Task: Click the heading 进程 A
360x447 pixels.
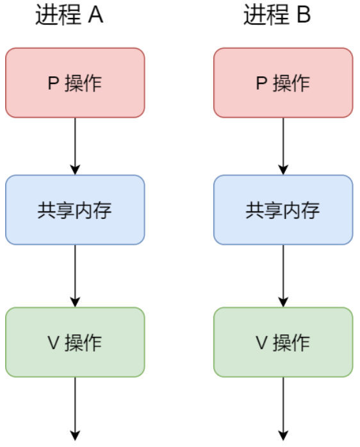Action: (69, 15)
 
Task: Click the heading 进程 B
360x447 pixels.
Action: (277, 15)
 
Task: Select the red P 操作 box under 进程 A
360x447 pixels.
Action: (75, 83)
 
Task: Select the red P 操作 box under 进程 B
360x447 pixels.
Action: (283, 83)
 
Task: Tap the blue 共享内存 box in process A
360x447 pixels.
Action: (75, 210)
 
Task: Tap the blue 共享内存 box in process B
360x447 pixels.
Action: (283, 210)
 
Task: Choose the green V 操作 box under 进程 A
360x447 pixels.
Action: (75, 342)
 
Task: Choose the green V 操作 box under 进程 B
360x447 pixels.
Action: (283, 342)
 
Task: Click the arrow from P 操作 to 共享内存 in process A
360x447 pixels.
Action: (75, 146)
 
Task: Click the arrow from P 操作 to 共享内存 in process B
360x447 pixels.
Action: (283, 146)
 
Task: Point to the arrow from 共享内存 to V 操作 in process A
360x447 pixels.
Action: (75, 276)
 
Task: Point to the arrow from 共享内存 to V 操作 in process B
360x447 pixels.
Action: (283, 276)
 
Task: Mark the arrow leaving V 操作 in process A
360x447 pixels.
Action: (75, 409)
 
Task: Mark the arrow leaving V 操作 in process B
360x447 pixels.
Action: (283, 409)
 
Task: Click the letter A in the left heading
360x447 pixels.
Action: (95, 15)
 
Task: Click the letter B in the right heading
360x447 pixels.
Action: (304, 15)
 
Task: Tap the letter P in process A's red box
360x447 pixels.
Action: (53, 83)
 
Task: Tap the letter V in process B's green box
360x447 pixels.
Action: (261, 343)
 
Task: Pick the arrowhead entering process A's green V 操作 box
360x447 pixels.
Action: (75, 302)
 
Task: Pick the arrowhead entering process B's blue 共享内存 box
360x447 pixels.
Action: (283, 170)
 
